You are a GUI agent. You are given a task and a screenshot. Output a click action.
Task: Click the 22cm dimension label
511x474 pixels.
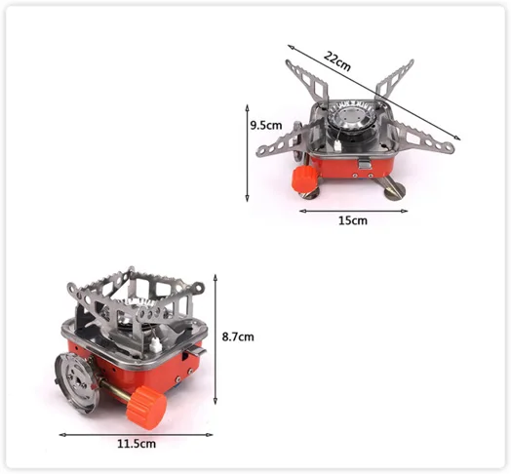tap(337, 61)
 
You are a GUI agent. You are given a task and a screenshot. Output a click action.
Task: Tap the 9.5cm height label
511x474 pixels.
tap(266, 125)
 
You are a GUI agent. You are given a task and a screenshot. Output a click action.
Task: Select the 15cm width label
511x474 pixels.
tap(353, 220)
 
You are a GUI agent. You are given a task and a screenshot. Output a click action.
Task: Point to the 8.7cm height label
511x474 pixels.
tap(238, 336)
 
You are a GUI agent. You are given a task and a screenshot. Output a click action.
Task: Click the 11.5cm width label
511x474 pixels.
tap(137, 444)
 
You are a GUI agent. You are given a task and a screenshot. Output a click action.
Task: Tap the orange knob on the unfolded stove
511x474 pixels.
tap(304, 179)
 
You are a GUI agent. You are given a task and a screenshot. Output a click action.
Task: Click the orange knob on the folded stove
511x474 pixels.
tap(146, 408)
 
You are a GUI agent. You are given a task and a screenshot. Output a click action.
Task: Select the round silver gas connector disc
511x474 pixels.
tap(77, 383)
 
